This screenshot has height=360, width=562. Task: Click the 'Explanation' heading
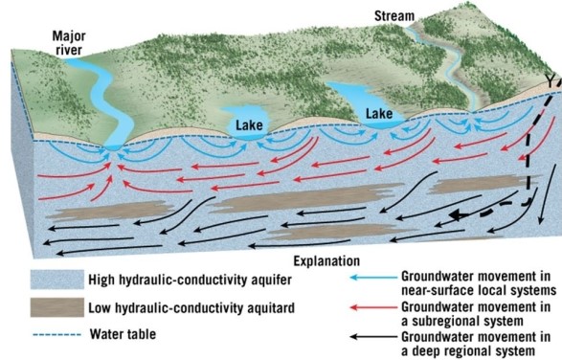coord(326,261)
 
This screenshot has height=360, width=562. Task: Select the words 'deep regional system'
coord(479,352)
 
